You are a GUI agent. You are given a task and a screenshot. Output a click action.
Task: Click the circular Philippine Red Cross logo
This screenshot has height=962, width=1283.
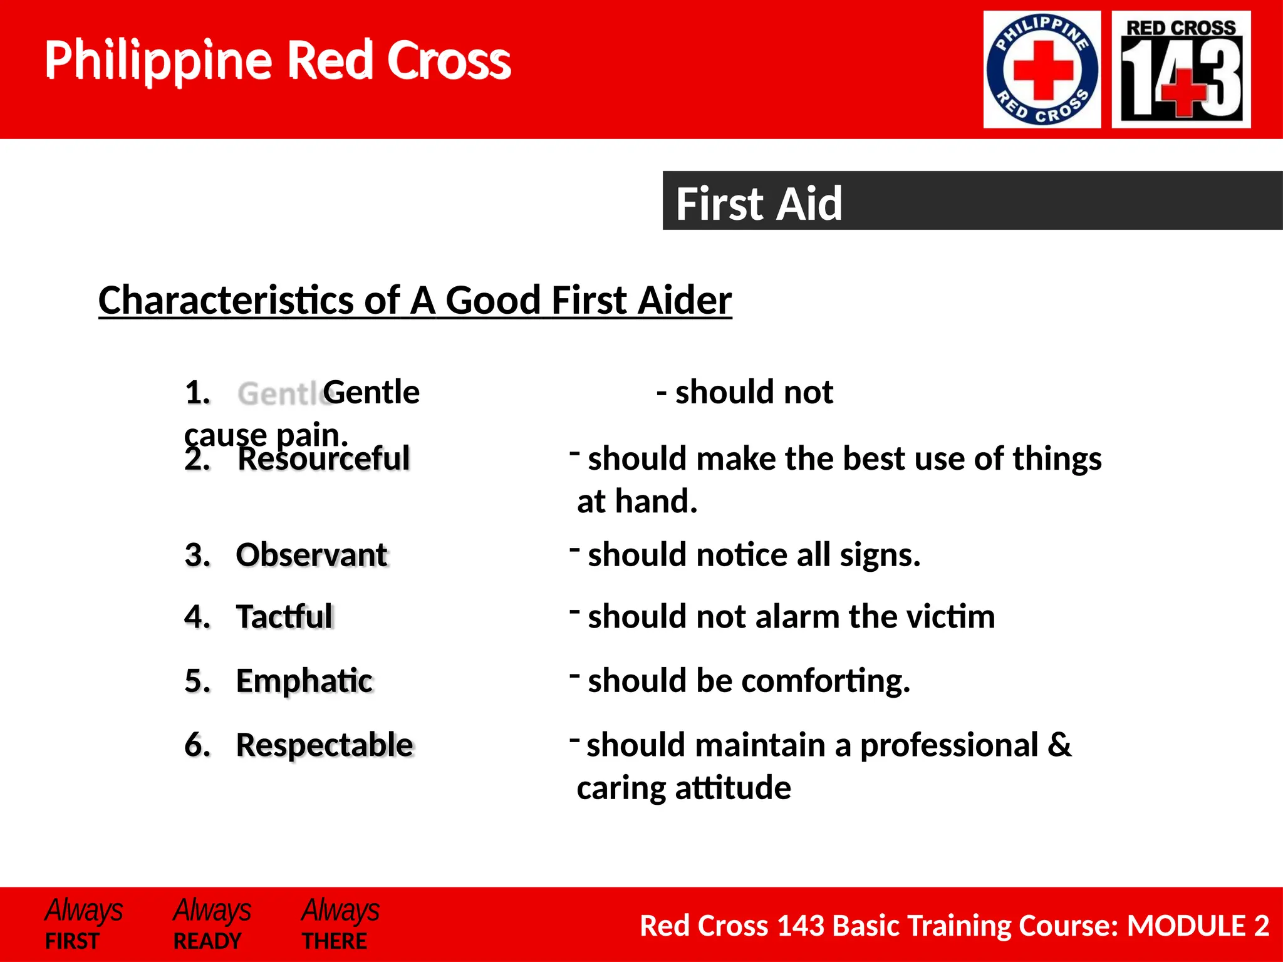1042,70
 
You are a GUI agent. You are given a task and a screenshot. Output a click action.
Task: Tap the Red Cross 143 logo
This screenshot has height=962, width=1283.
1181,70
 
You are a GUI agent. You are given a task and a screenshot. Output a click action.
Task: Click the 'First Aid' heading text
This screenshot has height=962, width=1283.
759,204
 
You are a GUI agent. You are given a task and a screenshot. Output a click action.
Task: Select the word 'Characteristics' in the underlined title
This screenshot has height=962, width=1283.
226,300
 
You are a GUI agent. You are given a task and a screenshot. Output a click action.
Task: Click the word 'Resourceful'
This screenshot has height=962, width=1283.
324,458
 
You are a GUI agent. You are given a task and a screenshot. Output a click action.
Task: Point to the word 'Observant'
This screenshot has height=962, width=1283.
312,555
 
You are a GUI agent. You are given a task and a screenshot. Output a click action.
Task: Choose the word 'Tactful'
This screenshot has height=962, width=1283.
284,616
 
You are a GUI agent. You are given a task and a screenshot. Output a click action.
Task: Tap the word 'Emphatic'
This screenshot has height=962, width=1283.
304,681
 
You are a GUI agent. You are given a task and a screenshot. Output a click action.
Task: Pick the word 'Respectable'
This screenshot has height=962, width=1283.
325,745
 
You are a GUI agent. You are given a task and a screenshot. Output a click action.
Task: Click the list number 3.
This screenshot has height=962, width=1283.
197,556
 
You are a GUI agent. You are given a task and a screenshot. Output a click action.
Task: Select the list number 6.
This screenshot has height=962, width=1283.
197,745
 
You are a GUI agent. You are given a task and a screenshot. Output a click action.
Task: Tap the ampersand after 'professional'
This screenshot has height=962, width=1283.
1059,745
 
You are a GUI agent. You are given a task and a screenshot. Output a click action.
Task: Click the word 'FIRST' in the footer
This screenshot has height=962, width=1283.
72,941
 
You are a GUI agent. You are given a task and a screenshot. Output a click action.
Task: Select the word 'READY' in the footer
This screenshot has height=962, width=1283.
207,941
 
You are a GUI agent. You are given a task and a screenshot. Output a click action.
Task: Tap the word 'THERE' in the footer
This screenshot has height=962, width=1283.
335,941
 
